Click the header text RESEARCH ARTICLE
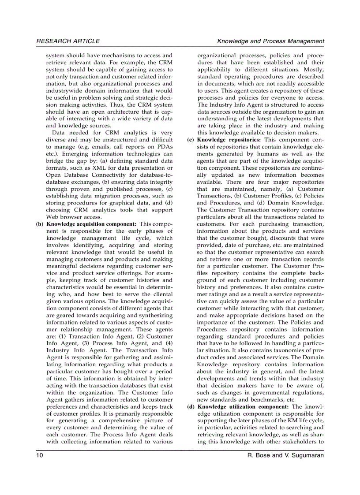tap(68, 41)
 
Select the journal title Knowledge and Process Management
tap(270, 41)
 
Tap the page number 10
tap(40, 455)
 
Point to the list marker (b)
tap(40, 224)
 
